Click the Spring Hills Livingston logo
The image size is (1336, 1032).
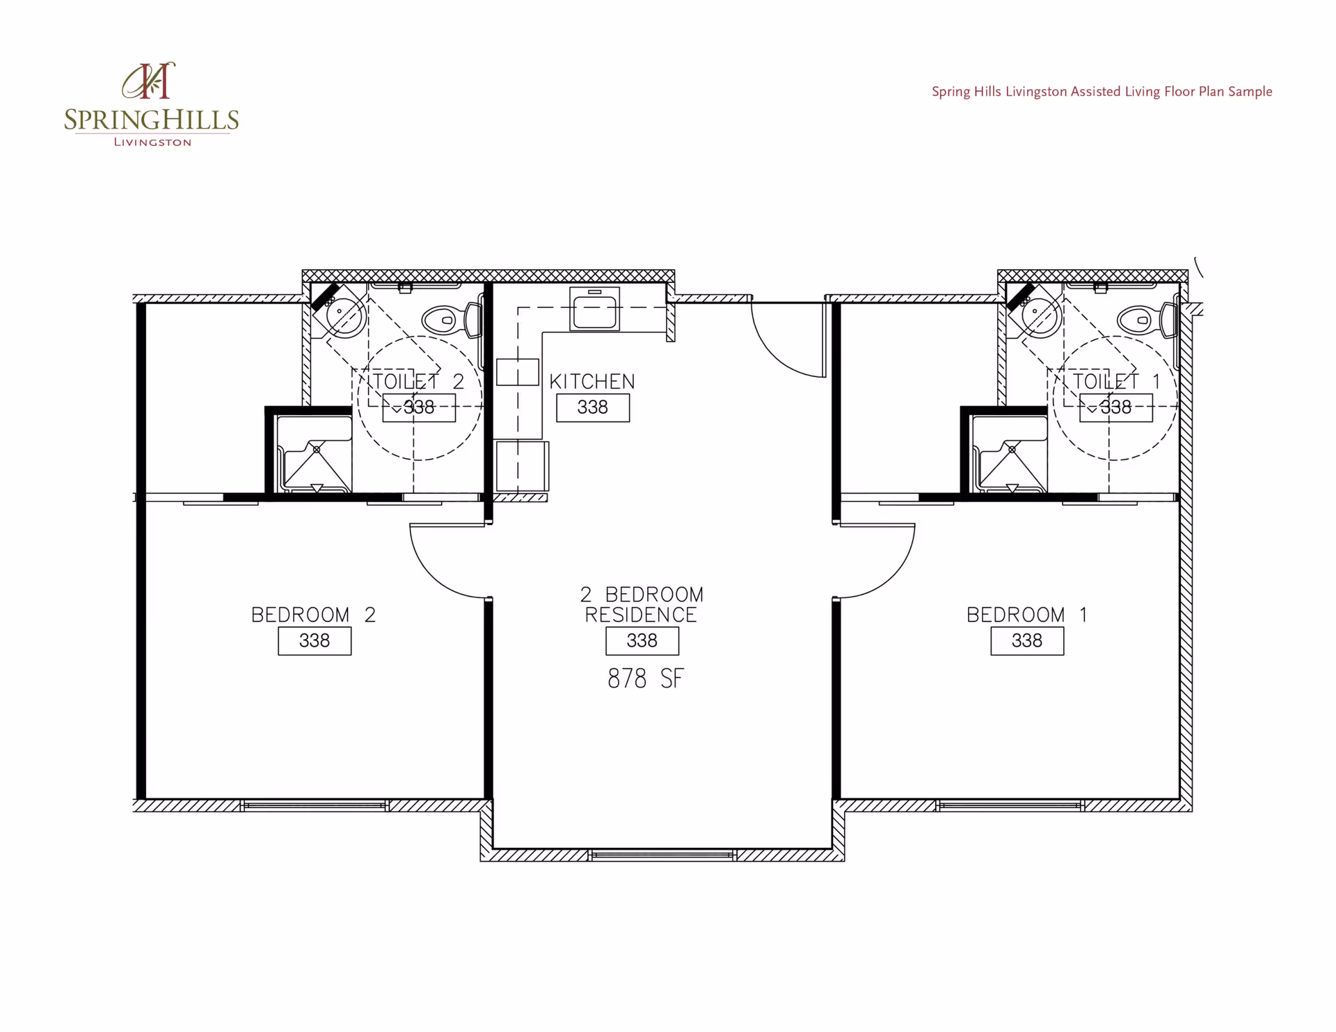[x=151, y=104]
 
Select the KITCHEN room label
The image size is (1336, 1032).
[x=592, y=382]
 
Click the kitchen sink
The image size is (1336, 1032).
[x=594, y=309]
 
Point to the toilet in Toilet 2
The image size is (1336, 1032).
[x=452, y=320]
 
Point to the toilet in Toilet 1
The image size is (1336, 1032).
[x=1147, y=320]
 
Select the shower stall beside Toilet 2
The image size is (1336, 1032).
[x=315, y=454]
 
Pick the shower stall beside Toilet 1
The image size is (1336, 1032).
[x=1010, y=454]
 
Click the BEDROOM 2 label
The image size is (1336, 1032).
[x=313, y=615]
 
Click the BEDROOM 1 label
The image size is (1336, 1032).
[x=1026, y=615]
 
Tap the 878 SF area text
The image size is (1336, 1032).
[x=646, y=679]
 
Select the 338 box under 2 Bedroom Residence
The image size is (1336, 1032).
[x=642, y=640]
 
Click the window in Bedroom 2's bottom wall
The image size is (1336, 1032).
[x=315, y=805]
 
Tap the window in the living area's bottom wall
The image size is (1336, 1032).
[x=662, y=855]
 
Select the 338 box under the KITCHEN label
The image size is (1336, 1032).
[x=593, y=408]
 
